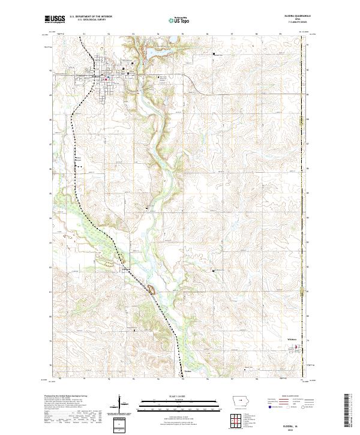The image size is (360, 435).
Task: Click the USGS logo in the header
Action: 55,19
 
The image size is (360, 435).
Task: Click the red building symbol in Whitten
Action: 301,346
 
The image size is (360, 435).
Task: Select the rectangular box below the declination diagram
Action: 120,425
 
